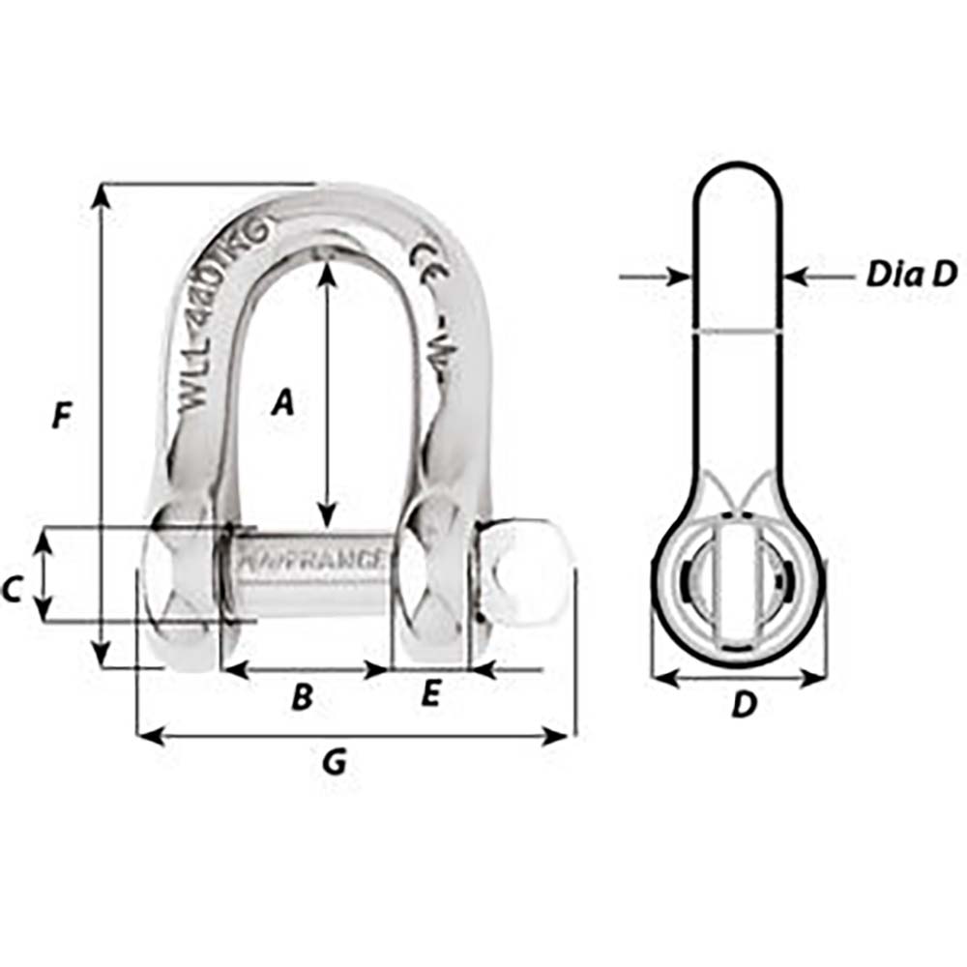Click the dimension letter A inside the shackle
click(281, 401)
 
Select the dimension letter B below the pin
click(303, 696)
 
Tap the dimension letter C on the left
click(13, 589)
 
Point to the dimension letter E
click(432, 693)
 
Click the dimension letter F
click(61, 417)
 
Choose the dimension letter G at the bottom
click(334, 764)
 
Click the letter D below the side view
click(742, 705)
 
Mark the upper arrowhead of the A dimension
click(328, 273)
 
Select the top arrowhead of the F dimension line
click(101, 194)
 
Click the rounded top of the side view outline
click(737, 166)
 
